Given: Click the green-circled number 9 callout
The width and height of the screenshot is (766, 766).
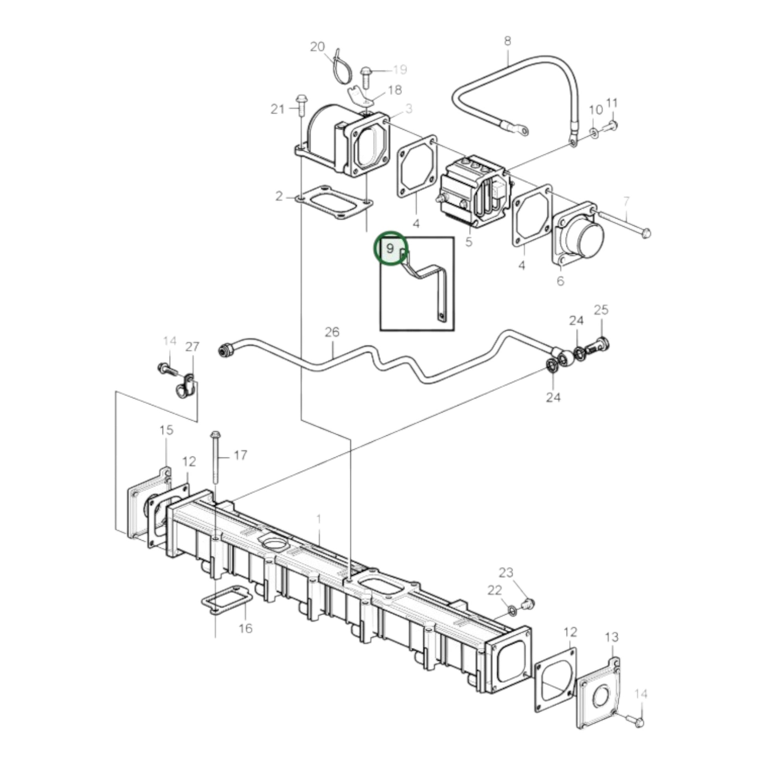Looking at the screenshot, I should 390,249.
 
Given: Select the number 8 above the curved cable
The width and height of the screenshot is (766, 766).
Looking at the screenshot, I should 507,41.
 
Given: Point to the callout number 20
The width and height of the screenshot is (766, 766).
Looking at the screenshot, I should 317,47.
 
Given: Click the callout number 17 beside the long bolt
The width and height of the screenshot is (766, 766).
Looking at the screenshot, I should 240,455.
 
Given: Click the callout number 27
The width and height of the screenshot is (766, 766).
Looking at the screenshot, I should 192,346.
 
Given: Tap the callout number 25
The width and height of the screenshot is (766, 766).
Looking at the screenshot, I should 601,310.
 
